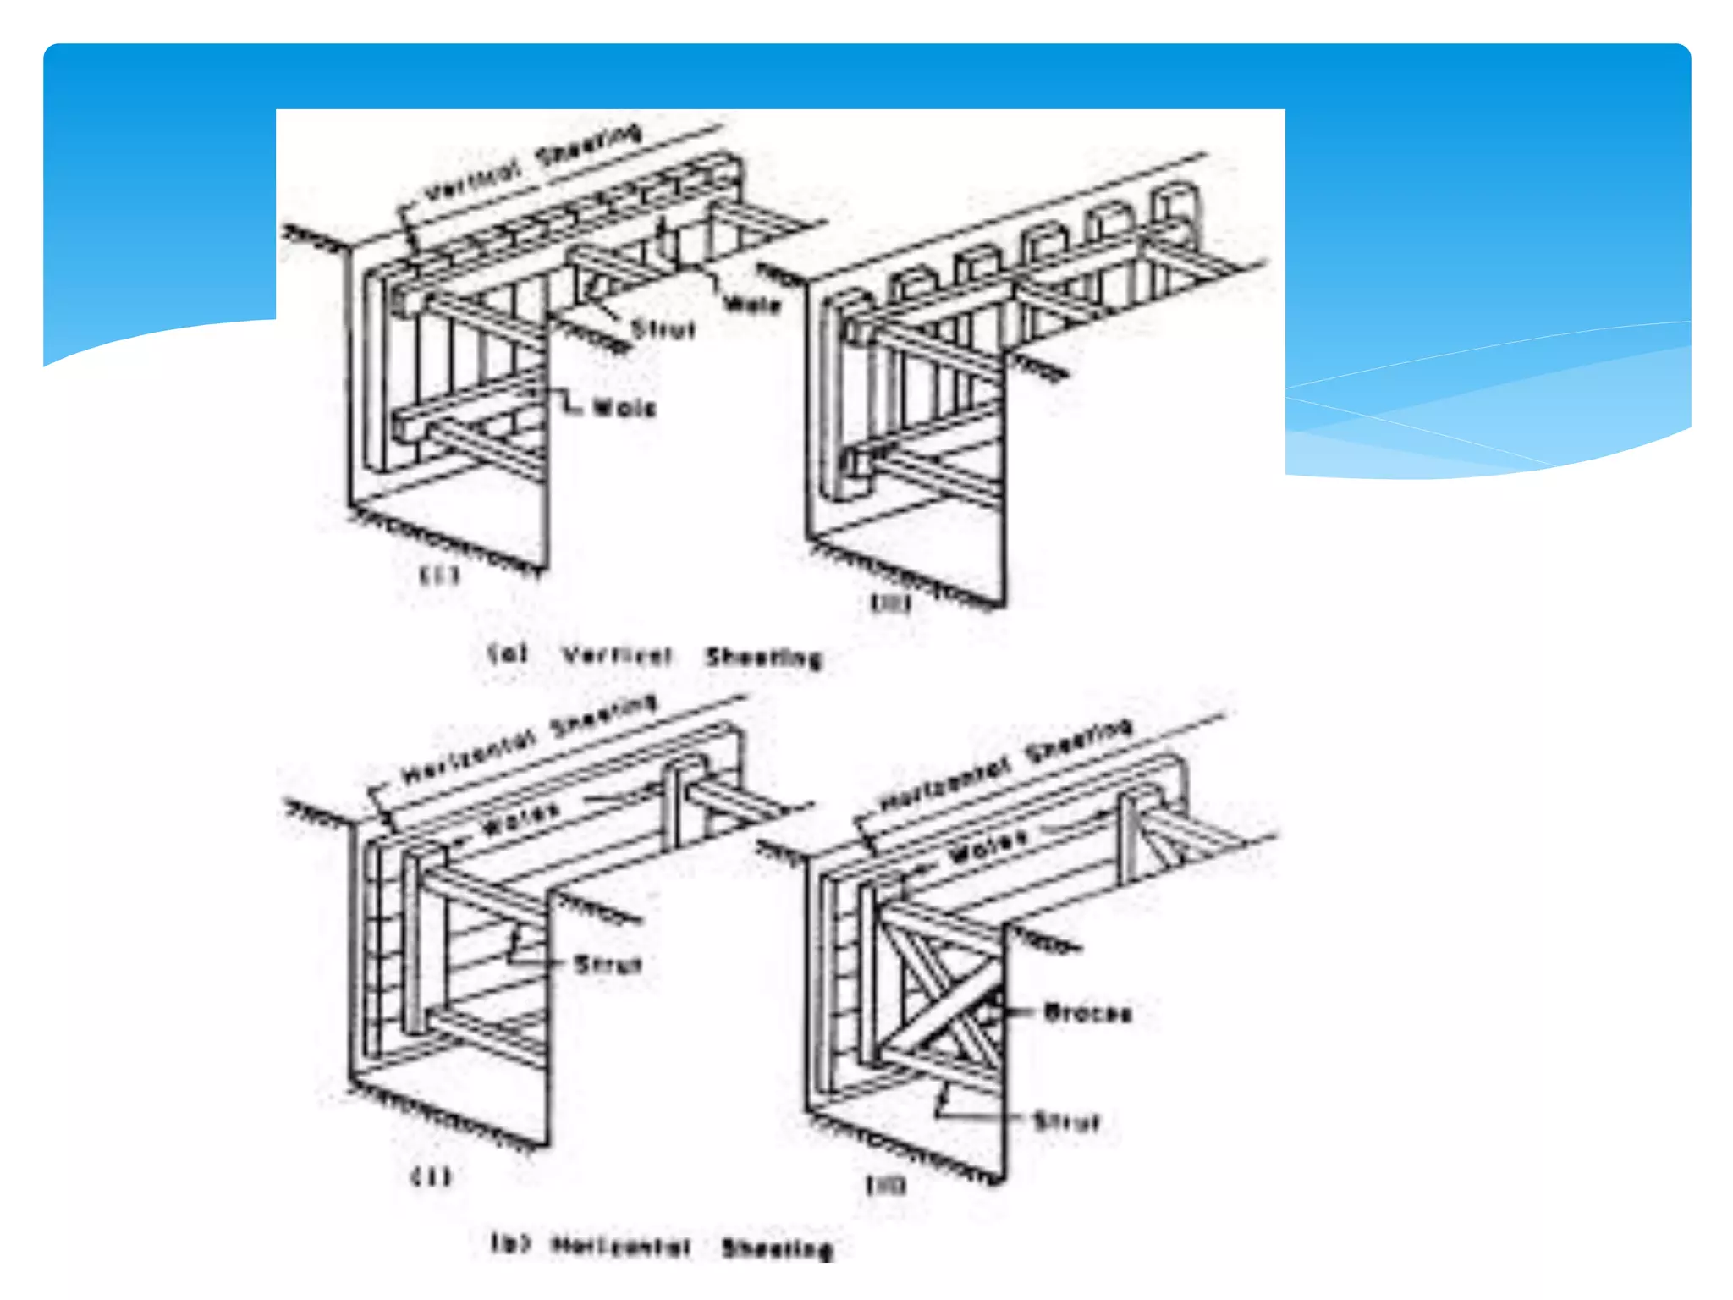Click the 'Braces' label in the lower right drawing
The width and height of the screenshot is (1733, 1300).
tap(1087, 1012)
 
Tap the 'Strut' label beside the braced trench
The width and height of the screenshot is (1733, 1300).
tap(1066, 1122)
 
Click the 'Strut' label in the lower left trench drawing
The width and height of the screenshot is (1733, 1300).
tap(608, 964)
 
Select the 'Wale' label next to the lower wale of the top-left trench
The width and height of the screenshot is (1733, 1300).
tap(624, 409)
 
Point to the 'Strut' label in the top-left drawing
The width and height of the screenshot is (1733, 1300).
tap(663, 329)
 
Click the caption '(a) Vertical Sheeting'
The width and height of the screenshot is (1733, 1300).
tap(656, 656)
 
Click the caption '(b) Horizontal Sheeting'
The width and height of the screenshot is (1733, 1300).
tap(662, 1247)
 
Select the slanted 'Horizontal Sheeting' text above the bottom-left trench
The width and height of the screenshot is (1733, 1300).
tap(528, 739)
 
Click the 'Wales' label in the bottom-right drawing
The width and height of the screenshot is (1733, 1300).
tap(988, 845)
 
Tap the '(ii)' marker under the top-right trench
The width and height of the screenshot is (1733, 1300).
tap(890, 603)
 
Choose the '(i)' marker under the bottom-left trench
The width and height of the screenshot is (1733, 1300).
tap(431, 1177)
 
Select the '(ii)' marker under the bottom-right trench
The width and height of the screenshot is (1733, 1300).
tap(885, 1186)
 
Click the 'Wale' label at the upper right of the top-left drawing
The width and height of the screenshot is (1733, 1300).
tap(752, 304)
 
